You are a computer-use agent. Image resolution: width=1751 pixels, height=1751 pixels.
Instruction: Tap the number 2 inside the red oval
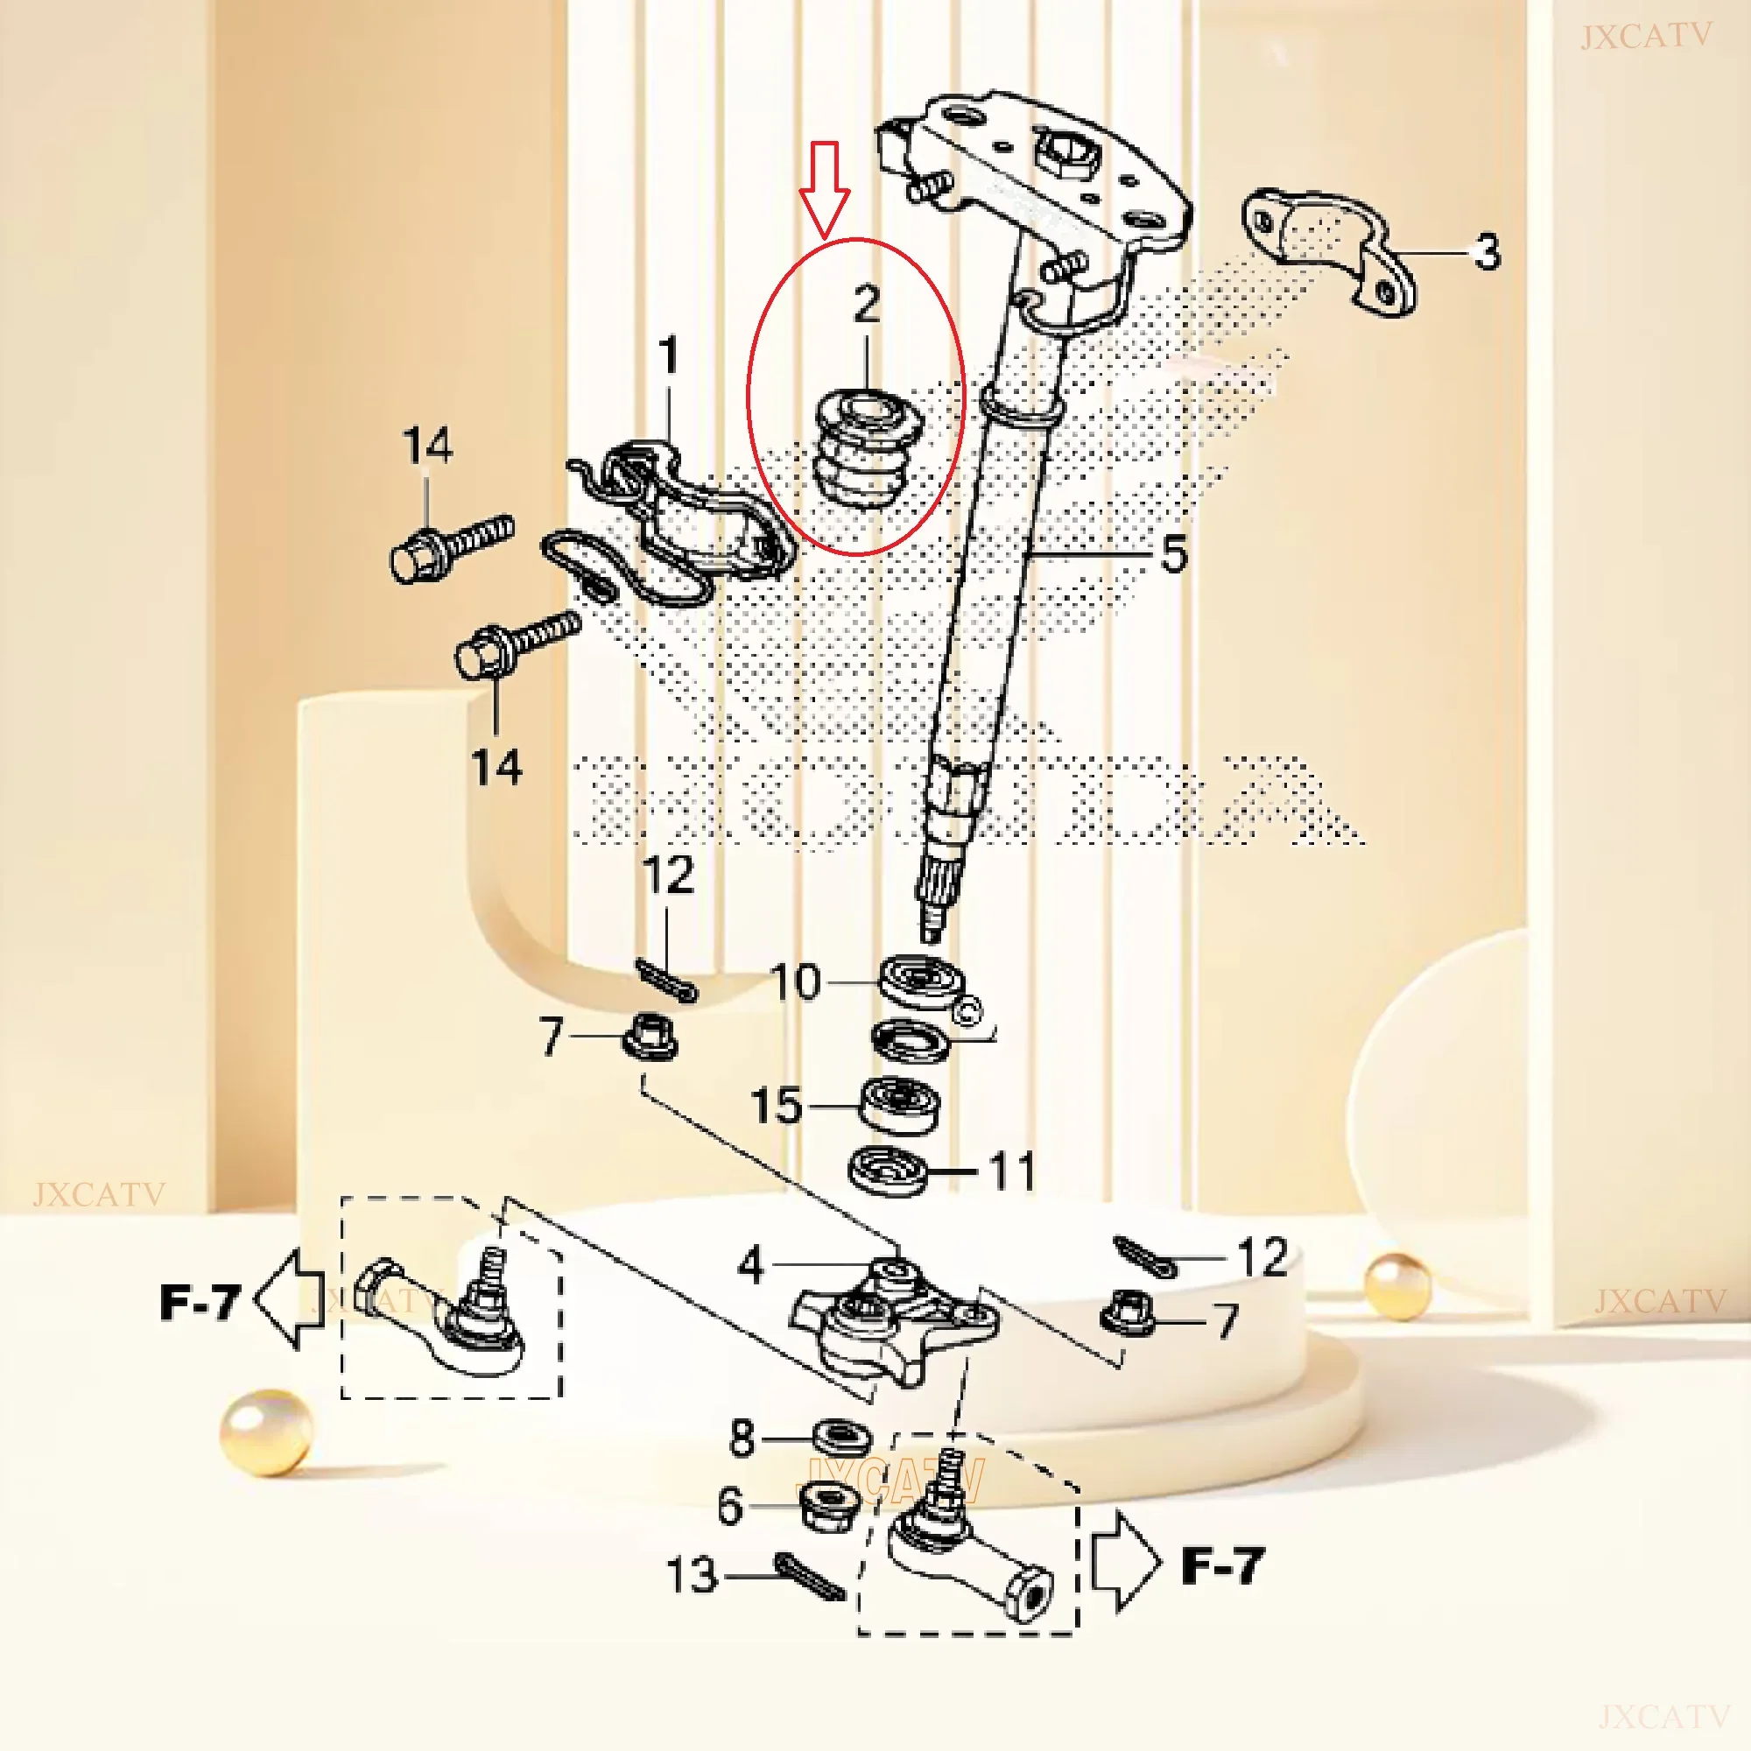[867, 305]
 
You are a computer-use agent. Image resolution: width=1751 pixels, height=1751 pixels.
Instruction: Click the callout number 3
[1487, 252]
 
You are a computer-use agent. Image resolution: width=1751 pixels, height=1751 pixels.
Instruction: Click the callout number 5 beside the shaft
[1174, 554]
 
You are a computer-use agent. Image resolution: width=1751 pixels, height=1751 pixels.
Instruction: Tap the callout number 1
[669, 355]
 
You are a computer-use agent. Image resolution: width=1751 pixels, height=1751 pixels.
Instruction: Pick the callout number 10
[795, 981]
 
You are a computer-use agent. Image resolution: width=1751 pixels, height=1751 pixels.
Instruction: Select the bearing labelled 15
[899, 1105]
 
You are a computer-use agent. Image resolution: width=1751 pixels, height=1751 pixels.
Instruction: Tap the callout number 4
[750, 1264]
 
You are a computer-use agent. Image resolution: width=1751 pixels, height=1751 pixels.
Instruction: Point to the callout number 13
[693, 1574]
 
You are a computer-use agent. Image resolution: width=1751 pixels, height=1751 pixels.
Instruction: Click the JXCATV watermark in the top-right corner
[1646, 37]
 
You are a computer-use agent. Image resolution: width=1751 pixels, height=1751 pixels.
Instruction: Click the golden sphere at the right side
[1397, 1285]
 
